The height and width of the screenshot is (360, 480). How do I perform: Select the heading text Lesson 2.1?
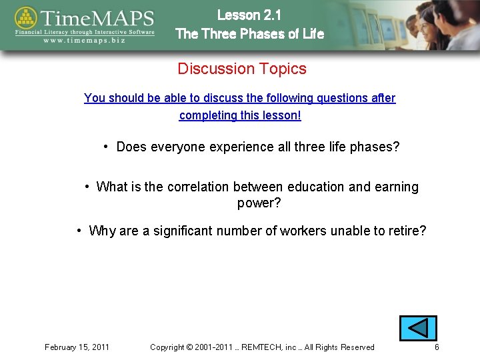[249, 15]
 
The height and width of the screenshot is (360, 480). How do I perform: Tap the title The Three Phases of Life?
[249, 33]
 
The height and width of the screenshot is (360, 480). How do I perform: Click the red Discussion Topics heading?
[242, 69]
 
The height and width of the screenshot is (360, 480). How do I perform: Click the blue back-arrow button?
[418, 329]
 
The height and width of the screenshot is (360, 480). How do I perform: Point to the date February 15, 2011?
[77, 347]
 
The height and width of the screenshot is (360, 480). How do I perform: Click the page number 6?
[437, 347]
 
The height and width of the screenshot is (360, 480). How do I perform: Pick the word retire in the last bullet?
[405, 231]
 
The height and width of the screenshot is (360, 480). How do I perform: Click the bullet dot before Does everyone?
[107, 146]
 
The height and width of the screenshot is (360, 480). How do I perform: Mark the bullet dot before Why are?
[79, 231]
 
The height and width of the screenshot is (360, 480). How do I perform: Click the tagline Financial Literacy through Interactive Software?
[85, 31]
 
